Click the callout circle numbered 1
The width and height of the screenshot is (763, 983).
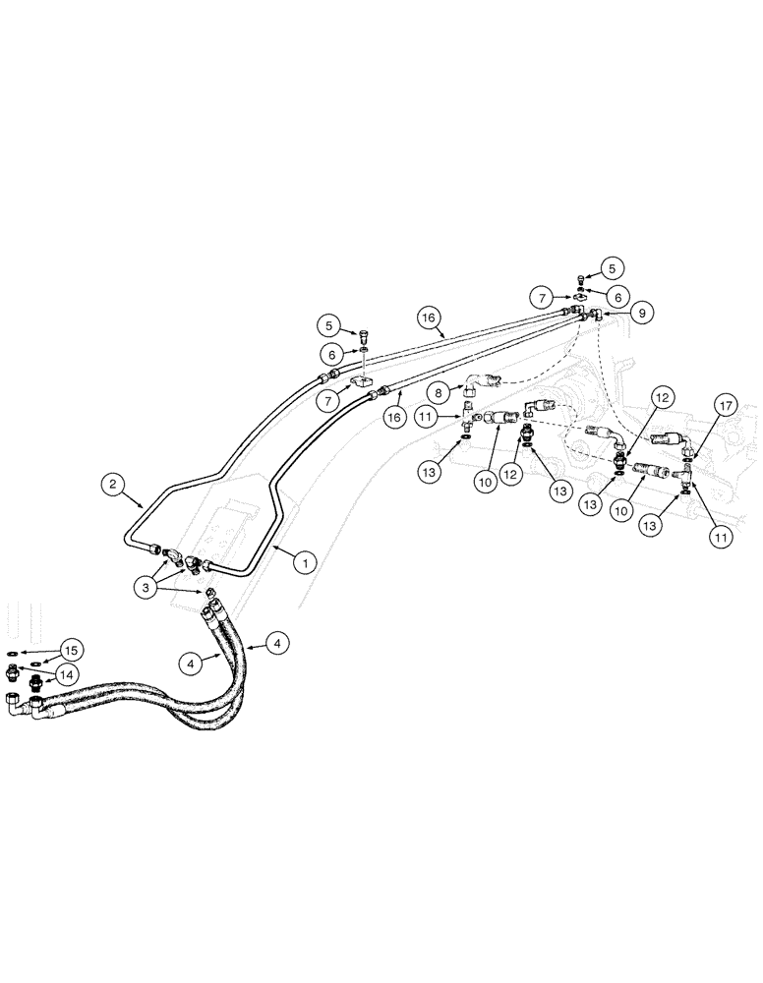[305, 563]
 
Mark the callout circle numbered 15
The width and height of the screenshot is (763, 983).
[69, 650]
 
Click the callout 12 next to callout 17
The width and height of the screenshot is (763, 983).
[661, 397]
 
